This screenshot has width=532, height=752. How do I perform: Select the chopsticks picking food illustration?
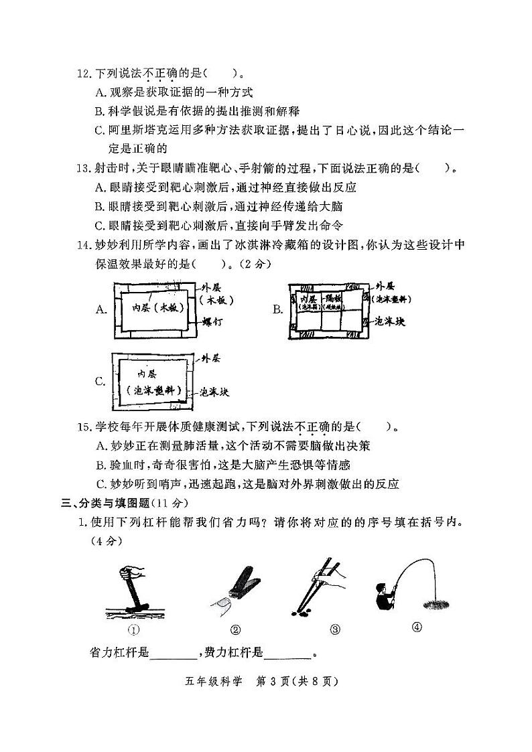pyautogui.click(x=318, y=585)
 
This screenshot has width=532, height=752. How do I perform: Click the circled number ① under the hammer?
pyautogui.click(x=133, y=629)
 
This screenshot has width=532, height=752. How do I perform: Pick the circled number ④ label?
pyautogui.click(x=416, y=627)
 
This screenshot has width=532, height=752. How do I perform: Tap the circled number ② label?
pyautogui.click(x=235, y=629)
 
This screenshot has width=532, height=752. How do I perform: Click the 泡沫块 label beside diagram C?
pyautogui.click(x=216, y=392)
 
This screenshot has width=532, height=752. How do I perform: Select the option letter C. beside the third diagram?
pyautogui.click(x=101, y=382)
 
